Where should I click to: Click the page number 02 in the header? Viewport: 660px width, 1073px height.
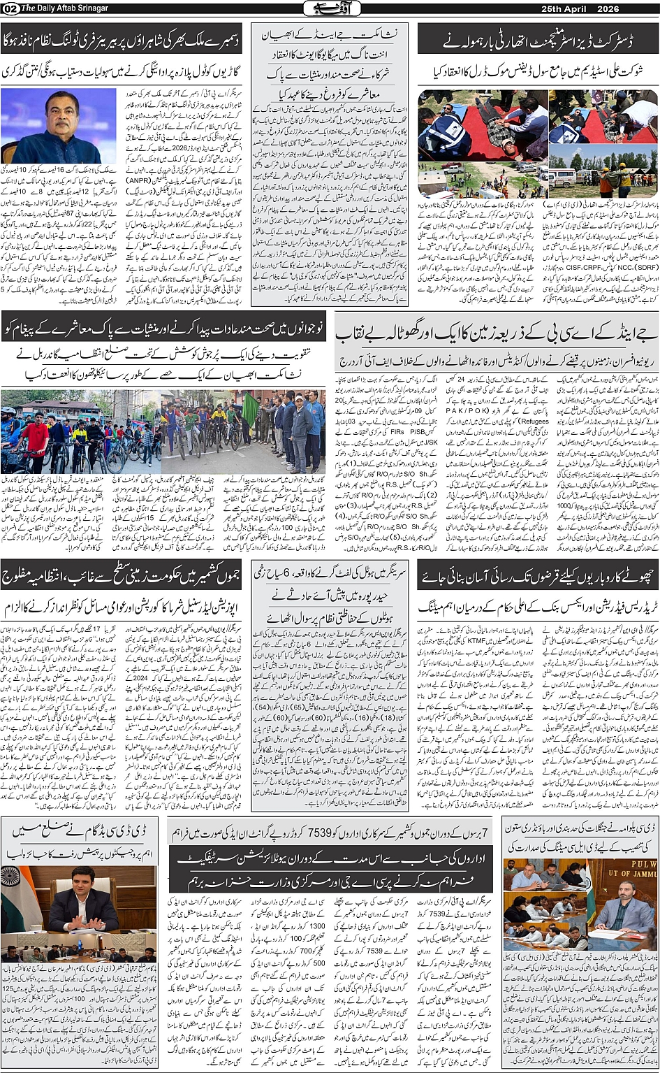[10, 8]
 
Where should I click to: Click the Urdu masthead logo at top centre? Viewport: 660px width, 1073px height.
[330, 8]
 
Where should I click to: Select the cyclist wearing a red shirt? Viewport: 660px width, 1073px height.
[34, 438]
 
